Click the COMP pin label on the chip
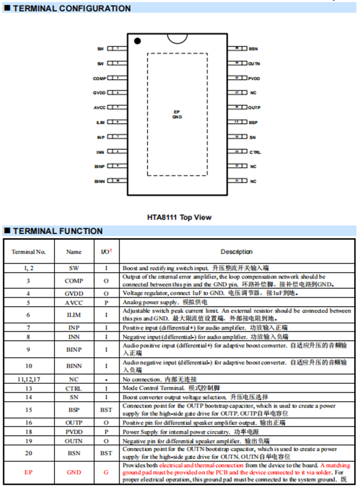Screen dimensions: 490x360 point(99,78)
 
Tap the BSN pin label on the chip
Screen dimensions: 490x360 point(253,49)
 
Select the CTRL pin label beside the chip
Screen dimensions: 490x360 point(255,152)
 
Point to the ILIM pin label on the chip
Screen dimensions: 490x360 point(100,123)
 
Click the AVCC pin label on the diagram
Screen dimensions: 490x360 point(99,108)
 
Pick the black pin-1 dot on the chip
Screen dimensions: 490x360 point(137,41)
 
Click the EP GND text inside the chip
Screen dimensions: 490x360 point(177,114)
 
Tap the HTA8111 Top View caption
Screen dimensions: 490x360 point(179,217)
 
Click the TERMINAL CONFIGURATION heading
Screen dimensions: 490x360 point(71,8)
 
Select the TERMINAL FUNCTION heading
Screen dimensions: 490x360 point(58,231)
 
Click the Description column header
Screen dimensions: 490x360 point(236,252)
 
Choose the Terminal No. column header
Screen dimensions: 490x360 point(29,252)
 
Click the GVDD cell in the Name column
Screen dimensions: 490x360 point(74,293)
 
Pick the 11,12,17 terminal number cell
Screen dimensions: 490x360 point(29,380)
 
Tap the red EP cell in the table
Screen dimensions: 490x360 point(29,472)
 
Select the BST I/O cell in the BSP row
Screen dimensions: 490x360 point(106,409)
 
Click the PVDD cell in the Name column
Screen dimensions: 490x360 point(74,431)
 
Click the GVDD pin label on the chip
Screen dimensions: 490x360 point(99,93)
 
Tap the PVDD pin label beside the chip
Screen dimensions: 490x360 point(254,78)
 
